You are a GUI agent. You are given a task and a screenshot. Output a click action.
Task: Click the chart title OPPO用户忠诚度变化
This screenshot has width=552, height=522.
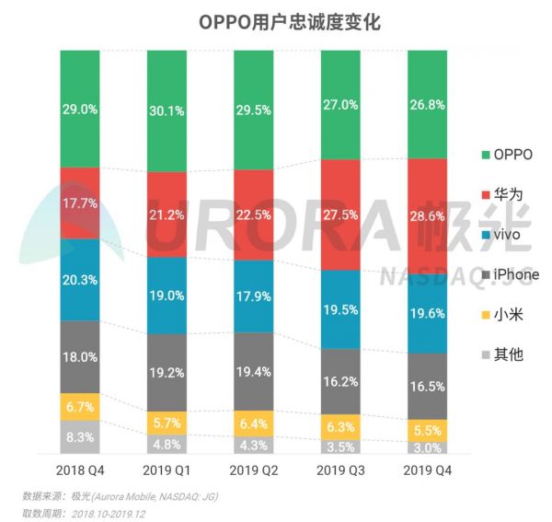tap(276, 21)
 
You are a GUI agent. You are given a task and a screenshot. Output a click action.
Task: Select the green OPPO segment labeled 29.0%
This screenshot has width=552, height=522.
tap(80, 109)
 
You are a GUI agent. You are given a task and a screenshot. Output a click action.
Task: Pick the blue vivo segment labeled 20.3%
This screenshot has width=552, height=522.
tap(80, 280)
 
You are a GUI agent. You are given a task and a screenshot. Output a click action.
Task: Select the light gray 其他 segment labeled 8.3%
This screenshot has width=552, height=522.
tap(80, 436)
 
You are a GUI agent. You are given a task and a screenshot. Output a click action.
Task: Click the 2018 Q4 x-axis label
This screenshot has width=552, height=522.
tap(80, 470)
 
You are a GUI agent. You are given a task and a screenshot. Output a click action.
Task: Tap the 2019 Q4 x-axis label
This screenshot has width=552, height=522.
tap(429, 470)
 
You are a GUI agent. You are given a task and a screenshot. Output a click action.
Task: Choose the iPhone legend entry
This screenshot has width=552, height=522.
tap(509, 274)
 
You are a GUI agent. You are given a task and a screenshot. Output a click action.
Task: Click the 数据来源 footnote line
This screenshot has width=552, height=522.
tap(120, 496)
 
